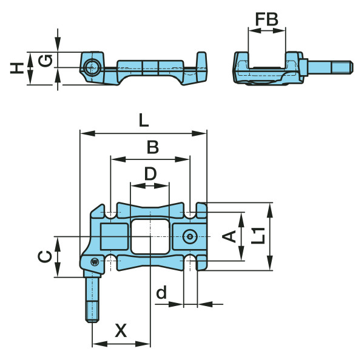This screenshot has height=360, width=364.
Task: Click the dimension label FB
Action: pyautogui.click(x=267, y=19)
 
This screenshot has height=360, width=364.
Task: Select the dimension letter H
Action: pyautogui.click(x=17, y=68)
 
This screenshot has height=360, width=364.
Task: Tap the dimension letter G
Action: pyautogui.click(x=45, y=61)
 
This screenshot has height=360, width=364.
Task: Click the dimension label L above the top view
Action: pyautogui.click(x=143, y=121)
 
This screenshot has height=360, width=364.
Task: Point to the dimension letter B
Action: pyautogui.click(x=153, y=147)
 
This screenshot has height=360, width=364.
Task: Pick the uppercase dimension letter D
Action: pyautogui.click(x=150, y=174)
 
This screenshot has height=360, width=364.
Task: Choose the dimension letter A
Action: pyautogui.click(x=229, y=236)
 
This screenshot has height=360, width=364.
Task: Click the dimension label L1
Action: pyautogui.click(x=258, y=235)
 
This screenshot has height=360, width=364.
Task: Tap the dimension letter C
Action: pyautogui.click(x=45, y=256)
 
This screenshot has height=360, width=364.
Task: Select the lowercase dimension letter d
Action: pyautogui.click(x=161, y=292)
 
